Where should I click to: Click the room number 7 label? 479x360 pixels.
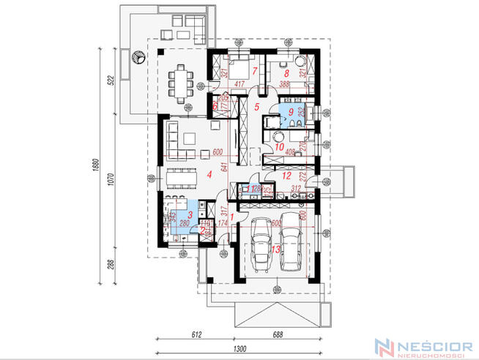click(x=254, y=71)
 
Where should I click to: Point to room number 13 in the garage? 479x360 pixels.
click(x=275, y=250)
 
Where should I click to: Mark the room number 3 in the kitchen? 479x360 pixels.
click(x=190, y=215)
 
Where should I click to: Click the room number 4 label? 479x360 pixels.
click(x=209, y=173)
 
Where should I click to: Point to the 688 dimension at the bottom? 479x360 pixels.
click(x=279, y=334)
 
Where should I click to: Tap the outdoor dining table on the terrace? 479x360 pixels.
click(x=180, y=80)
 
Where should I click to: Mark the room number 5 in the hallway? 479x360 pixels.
click(x=256, y=107)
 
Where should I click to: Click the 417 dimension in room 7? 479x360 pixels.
click(x=241, y=85)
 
